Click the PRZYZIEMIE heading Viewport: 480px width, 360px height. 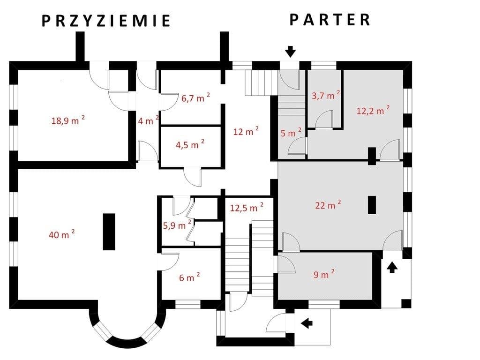(x=106, y=21)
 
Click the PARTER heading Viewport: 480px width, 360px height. (x=330, y=20)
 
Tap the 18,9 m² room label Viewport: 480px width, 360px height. (x=68, y=120)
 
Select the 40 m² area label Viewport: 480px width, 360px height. (x=62, y=234)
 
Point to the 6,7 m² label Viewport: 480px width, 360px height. (x=195, y=98)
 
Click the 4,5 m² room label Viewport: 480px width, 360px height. (x=190, y=144)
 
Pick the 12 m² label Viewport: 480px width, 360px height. (x=246, y=131)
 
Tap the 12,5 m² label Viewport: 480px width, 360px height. (x=247, y=208)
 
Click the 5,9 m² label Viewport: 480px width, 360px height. (x=177, y=225)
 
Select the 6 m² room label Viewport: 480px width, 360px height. (x=189, y=277)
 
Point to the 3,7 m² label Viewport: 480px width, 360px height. (x=326, y=95)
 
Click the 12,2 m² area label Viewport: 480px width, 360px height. (x=373, y=110)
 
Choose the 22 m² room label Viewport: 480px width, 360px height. (x=328, y=205)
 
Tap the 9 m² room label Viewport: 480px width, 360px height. (x=324, y=274)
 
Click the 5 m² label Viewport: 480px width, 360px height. (x=291, y=133)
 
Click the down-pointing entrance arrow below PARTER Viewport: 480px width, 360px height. (x=290, y=52)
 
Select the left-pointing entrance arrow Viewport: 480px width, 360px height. (x=307, y=323)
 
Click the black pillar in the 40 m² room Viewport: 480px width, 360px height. (x=109, y=232)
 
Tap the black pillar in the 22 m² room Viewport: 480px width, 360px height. (x=372, y=204)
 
